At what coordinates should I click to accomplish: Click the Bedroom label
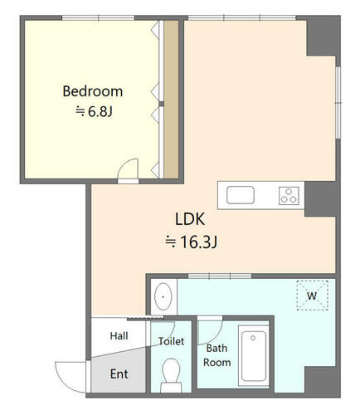click(x=93, y=91)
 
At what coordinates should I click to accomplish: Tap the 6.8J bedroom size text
click(x=95, y=111)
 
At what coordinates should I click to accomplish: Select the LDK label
click(x=190, y=219)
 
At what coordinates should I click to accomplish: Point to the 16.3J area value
click(x=191, y=242)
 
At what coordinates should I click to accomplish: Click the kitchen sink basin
click(x=241, y=195)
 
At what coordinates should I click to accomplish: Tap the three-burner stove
click(x=289, y=196)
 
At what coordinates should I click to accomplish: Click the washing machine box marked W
click(x=312, y=295)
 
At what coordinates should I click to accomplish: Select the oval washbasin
click(x=163, y=296)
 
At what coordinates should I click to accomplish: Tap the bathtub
click(x=254, y=357)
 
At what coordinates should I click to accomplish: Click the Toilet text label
click(x=172, y=341)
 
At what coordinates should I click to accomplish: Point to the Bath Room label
click(x=217, y=355)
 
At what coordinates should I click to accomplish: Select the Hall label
click(x=119, y=336)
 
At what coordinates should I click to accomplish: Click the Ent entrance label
click(x=119, y=374)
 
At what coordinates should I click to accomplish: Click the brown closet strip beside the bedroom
click(x=171, y=100)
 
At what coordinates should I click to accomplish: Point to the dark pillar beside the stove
click(x=320, y=199)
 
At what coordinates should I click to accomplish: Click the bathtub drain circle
click(x=253, y=338)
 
